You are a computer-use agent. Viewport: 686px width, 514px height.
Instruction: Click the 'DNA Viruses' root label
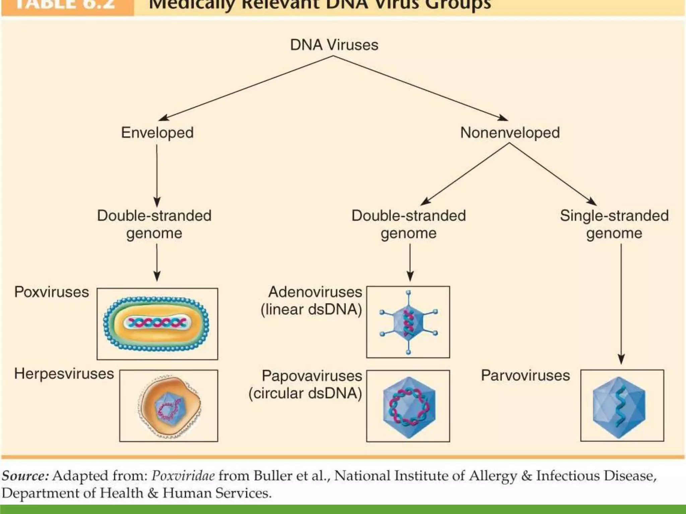[x=334, y=45]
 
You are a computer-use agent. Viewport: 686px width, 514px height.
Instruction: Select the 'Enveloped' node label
[x=157, y=133]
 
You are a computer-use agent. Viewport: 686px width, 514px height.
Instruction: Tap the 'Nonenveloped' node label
[x=510, y=133]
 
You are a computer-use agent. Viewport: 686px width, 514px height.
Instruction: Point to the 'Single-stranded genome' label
[x=614, y=224]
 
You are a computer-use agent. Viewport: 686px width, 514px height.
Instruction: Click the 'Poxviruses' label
[x=52, y=292]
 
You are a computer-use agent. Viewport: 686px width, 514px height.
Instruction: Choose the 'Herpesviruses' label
[x=64, y=374]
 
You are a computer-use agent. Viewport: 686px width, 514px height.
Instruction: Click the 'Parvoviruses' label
[x=525, y=375]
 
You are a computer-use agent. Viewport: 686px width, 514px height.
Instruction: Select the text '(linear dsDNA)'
[x=311, y=310]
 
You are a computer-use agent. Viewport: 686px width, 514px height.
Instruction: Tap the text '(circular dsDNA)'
[x=305, y=393]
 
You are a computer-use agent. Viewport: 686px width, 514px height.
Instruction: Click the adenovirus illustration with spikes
[x=408, y=322]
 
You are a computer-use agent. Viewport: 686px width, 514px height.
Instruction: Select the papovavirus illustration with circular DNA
[x=409, y=407]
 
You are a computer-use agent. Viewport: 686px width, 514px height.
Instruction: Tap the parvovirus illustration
[x=619, y=407]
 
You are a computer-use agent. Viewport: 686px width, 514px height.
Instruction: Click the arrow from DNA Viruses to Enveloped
[x=246, y=88]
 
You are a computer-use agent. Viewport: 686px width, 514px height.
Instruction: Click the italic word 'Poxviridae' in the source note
[x=183, y=476]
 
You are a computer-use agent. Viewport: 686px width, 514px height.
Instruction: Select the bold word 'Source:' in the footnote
[x=25, y=476]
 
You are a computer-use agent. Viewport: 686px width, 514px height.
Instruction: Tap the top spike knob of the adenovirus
[x=408, y=293]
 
